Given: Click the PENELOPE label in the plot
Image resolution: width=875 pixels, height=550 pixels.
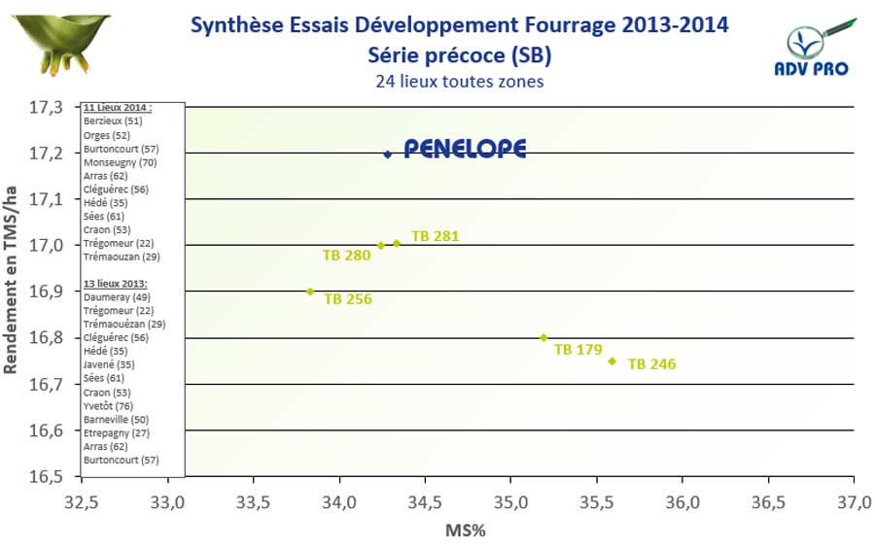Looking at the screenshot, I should coord(465,149).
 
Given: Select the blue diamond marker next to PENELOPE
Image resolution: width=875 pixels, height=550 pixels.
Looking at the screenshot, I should coord(388,154).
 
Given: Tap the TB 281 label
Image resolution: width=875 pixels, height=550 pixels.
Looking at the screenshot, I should coord(435,236).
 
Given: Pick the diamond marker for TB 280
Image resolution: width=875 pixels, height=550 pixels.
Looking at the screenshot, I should coord(380,246).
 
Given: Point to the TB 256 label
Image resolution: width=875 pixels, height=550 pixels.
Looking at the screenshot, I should coord(348,299).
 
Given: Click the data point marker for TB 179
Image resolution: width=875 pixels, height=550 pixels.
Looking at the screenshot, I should coord(543,337).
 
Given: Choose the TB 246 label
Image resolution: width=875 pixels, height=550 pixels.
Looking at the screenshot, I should coord(651,364).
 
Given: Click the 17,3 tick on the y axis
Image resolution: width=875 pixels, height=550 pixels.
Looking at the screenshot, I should coord(46,106).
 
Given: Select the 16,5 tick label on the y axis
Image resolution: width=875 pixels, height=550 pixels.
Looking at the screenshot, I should coord(46,476).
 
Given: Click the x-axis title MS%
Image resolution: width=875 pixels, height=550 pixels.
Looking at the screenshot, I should coord(465,532).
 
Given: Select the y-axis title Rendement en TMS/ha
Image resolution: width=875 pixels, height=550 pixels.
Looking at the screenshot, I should coord(13,290).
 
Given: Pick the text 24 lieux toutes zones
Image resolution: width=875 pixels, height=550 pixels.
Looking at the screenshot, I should coord(459,82).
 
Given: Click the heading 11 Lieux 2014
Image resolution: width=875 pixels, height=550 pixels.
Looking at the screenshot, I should coord(118,108).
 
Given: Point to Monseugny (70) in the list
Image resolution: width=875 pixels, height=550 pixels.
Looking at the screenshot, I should coord(121,162).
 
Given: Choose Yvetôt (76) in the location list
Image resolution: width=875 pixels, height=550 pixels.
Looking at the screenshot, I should coord(108,405).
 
